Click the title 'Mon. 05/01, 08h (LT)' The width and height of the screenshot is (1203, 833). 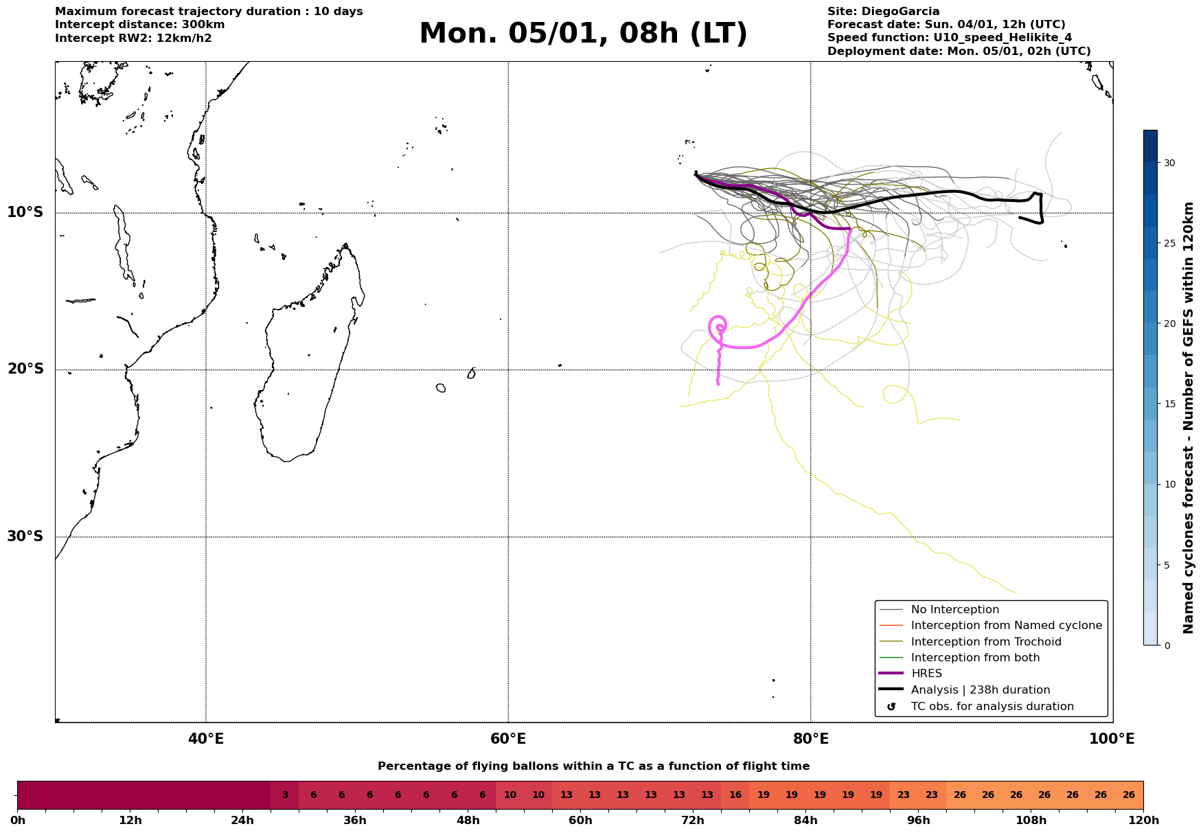click(x=583, y=34)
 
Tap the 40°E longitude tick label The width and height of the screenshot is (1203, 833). click(x=206, y=739)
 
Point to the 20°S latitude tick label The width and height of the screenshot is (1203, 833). click(x=25, y=369)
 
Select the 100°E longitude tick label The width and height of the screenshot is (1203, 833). click(x=1112, y=739)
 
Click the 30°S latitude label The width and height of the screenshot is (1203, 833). click(x=25, y=536)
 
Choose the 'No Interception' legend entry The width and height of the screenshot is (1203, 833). click(x=954, y=610)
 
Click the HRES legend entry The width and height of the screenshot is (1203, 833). click(x=926, y=674)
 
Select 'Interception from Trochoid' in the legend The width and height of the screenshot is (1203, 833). click(x=985, y=642)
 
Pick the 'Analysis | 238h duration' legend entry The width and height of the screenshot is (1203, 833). click(x=980, y=690)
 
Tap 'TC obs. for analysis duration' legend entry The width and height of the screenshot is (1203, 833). click(x=992, y=707)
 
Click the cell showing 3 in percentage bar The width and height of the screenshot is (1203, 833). click(x=285, y=795)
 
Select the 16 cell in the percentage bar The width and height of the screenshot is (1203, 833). click(x=735, y=795)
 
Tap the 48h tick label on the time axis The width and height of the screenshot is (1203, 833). click(x=468, y=821)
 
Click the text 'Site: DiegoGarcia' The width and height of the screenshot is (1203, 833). click(x=883, y=12)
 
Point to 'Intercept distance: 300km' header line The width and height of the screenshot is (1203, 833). click(x=139, y=25)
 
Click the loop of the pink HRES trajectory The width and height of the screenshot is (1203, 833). click(x=718, y=327)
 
